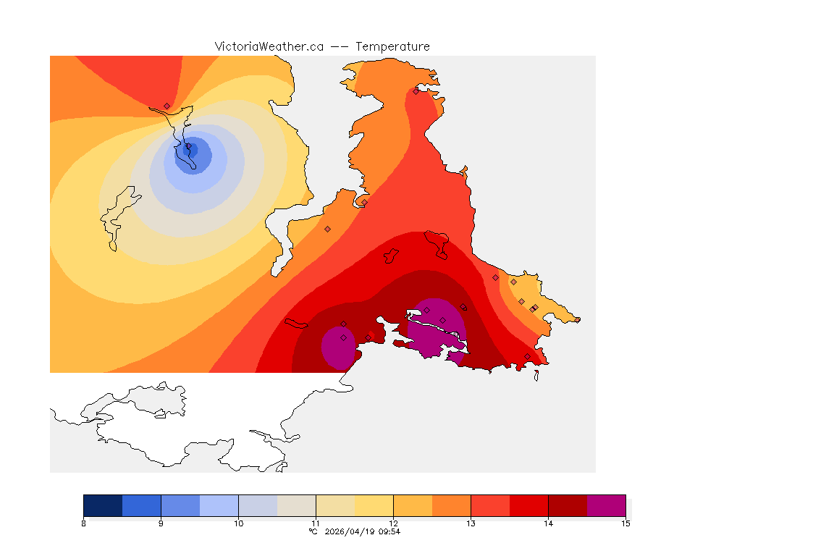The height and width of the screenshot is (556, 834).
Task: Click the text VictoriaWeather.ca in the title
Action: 269,46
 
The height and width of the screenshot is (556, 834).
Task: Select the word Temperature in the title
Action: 392,46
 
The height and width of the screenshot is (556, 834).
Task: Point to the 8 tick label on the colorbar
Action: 84,523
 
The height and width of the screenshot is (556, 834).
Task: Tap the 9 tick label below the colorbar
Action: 161,523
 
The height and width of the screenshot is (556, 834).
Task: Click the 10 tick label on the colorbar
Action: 238,523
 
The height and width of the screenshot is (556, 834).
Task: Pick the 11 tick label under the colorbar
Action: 316,523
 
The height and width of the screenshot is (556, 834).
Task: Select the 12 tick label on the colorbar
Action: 393,523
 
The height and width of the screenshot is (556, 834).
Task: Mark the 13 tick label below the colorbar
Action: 471,523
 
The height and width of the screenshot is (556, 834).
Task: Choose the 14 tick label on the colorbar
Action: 548,523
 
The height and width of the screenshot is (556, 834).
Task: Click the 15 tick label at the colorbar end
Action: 625,523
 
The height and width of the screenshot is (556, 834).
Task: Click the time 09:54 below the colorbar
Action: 389,531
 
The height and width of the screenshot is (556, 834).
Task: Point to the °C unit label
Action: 313,531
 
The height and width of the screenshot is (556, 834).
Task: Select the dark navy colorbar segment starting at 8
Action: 103,505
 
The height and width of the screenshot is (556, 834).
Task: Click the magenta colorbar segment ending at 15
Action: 606,505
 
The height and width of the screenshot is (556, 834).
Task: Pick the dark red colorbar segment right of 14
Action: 568,505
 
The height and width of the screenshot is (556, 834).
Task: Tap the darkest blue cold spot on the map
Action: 191,149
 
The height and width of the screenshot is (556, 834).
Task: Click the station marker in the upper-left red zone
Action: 167,106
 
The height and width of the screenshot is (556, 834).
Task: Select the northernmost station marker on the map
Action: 416,91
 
